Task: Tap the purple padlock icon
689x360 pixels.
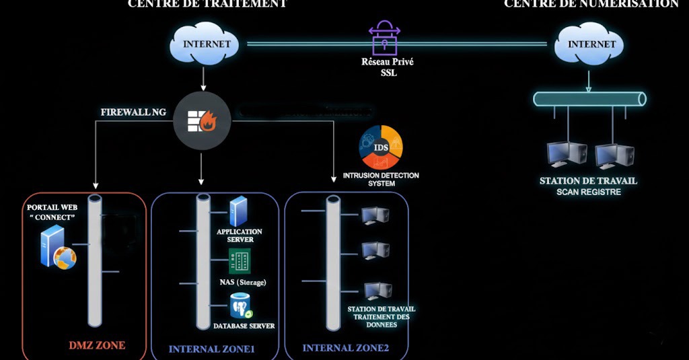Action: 385,39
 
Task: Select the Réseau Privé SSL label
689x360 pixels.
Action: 385,67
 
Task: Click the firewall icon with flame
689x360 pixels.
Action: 202,121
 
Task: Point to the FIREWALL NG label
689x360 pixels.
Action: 133,112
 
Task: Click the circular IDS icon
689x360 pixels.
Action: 381,146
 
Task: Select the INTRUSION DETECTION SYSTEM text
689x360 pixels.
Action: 381,179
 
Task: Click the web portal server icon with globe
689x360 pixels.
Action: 55,247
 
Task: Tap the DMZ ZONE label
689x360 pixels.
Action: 98,346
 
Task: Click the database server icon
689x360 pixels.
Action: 240,306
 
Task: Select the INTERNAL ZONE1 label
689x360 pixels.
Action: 212,349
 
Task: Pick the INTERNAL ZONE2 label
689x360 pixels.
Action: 346,348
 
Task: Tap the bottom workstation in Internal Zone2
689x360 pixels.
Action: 377,291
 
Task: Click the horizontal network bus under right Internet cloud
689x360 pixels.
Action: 589,99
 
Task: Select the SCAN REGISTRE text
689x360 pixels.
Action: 588,192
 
